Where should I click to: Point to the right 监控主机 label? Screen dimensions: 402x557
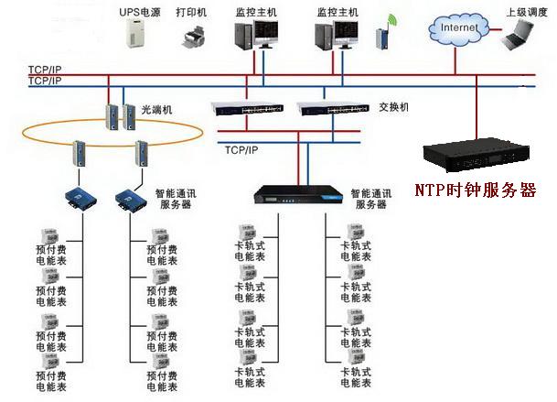(x=335, y=12)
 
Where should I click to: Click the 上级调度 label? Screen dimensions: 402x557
(x=527, y=12)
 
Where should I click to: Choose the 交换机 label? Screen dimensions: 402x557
(x=394, y=106)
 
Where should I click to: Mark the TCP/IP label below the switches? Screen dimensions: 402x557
(x=241, y=150)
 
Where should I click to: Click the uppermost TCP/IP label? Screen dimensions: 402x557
(x=44, y=69)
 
